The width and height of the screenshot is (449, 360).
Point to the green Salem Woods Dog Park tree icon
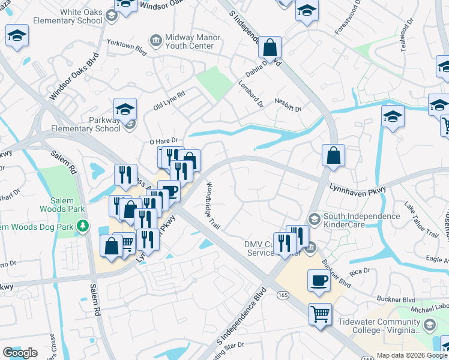[x=84, y=227]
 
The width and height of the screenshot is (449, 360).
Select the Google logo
[x=20, y=353]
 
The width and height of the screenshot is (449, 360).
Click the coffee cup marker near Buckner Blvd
[x=319, y=280]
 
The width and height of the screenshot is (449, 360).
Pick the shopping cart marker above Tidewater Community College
[x=320, y=313]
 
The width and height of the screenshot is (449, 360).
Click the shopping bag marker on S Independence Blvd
[x=271, y=47]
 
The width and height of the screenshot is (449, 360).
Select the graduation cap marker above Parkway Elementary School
[x=125, y=109]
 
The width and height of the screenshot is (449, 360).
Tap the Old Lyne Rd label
[x=169, y=98]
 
